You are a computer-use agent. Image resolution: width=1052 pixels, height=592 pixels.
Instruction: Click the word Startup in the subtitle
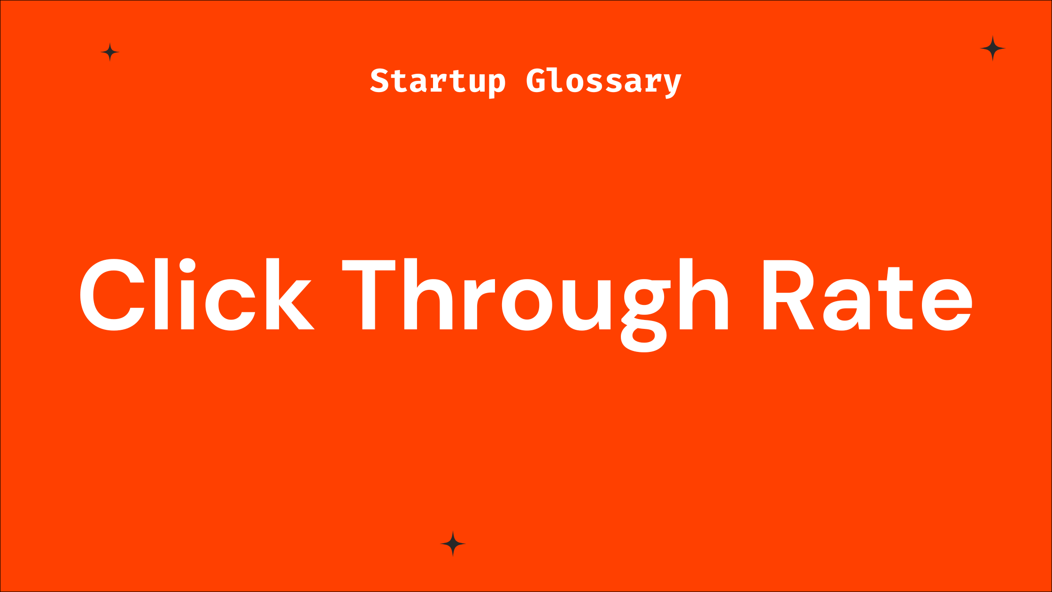point(438,81)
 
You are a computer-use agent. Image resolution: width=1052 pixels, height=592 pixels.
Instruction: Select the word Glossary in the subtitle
point(603,81)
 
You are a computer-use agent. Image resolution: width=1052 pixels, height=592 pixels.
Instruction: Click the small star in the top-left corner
point(110,52)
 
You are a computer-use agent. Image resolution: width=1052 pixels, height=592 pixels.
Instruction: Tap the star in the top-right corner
point(992,48)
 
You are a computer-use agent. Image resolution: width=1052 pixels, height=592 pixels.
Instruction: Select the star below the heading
point(453,544)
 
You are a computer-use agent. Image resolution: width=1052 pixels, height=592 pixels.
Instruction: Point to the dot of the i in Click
point(187,265)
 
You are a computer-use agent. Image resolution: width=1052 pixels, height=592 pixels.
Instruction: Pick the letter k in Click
point(289,295)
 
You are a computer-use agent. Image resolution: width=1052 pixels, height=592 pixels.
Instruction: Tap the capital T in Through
point(369,295)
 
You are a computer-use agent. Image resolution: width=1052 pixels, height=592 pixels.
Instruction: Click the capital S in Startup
point(379,81)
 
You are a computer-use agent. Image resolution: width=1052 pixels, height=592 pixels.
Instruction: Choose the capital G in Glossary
point(536,81)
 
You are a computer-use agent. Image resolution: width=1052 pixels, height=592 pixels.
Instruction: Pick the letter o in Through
point(527,305)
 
